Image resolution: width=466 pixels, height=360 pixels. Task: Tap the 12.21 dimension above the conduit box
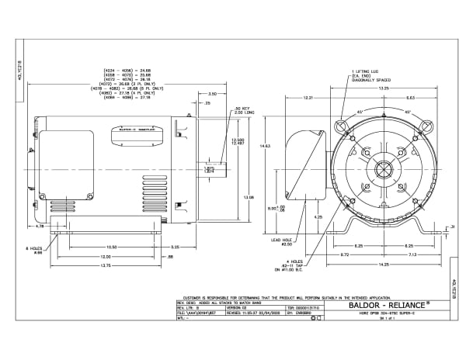pyautogui.click(x=307, y=98)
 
